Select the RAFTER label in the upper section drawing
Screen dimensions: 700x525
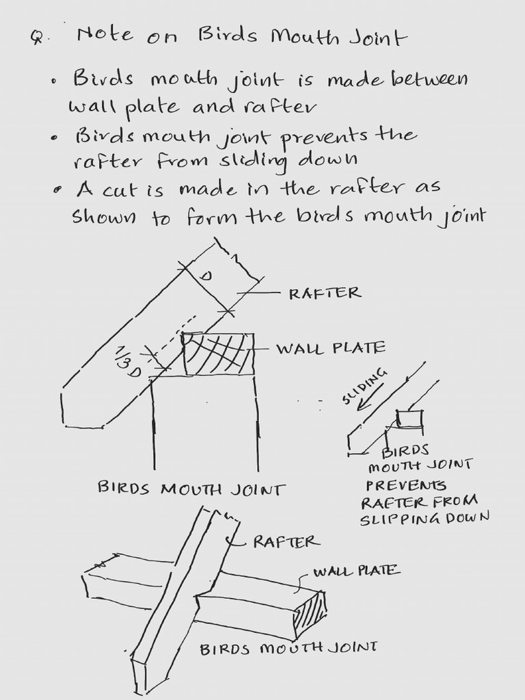click(x=324, y=293)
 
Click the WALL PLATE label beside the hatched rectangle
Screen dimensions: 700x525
click(x=330, y=348)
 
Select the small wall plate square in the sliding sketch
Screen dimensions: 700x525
click(x=410, y=419)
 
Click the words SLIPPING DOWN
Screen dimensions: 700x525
click(x=425, y=519)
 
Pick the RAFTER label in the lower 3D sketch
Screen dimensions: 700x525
click(x=285, y=542)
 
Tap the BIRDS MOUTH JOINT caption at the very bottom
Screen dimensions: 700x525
click(x=288, y=647)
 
